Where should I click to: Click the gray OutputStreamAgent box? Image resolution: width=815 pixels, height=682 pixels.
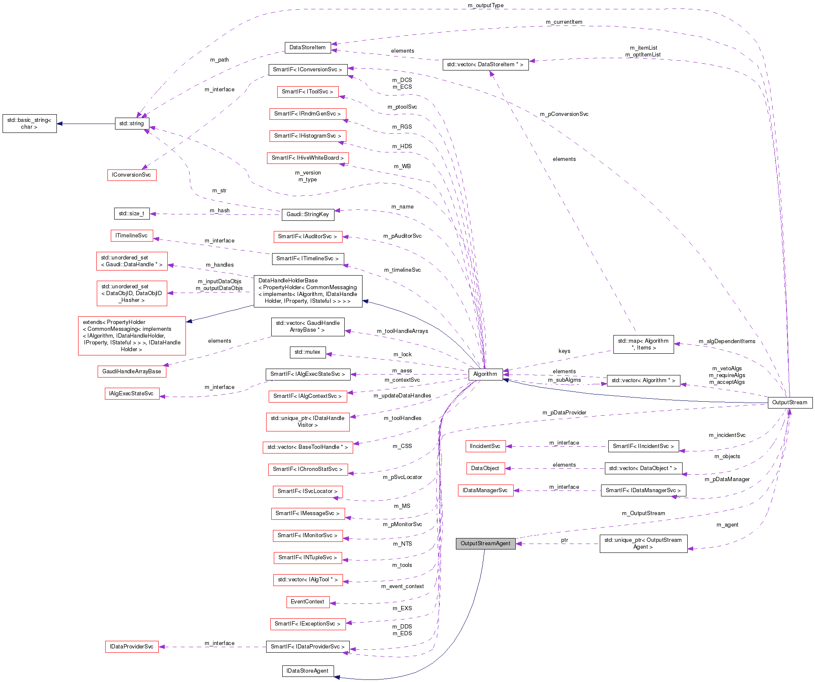(x=486, y=544)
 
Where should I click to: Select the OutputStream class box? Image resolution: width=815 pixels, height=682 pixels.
(x=790, y=403)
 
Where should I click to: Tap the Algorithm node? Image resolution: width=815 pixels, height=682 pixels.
(x=485, y=374)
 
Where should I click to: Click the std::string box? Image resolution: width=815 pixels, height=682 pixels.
(x=132, y=124)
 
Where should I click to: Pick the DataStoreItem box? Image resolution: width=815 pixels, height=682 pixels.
(x=307, y=48)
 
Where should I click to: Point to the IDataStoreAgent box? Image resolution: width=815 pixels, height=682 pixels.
(x=308, y=671)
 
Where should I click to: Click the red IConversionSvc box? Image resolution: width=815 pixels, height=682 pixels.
(x=132, y=175)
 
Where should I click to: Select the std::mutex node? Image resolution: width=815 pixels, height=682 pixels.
(x=307, y=352)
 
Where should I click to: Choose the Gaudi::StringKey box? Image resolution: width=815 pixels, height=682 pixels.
(x=308, y=214)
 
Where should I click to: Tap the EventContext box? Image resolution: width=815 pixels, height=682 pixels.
(x=307, y=602)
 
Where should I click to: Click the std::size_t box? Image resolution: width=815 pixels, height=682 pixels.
(x=132, y=214)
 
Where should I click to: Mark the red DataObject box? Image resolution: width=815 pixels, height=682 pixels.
(x=485, y=468)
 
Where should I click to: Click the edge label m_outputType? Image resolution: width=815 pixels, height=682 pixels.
(x=486, y=6)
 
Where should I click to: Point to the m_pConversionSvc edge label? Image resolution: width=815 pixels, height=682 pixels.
(x=564, y=114)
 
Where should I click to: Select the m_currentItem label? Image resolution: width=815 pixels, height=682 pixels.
(x=564, y=22)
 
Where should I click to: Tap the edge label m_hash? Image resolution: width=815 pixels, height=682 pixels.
(x=219, y=211)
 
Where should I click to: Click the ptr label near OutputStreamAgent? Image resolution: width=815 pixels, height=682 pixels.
(x=565, y=540)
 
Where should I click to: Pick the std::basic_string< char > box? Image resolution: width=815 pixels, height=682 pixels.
(x=29, y=124)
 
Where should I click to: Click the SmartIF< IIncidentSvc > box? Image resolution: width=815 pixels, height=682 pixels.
(x=643, y=446)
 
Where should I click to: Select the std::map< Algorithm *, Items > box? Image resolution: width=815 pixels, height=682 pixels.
(x=643, y=344)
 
